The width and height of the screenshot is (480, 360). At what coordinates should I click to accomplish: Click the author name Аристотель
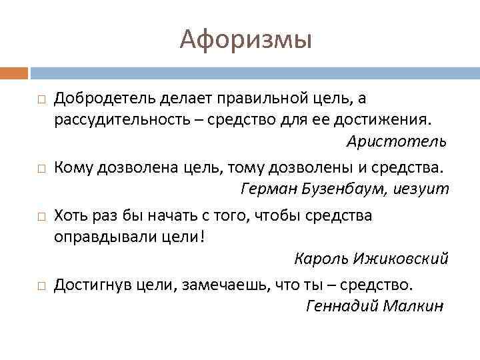click(x=397, y=142)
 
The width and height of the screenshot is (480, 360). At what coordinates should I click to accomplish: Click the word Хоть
click(x=70, y=215)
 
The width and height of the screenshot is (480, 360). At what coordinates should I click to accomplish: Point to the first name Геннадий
click(x=339, y=306)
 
